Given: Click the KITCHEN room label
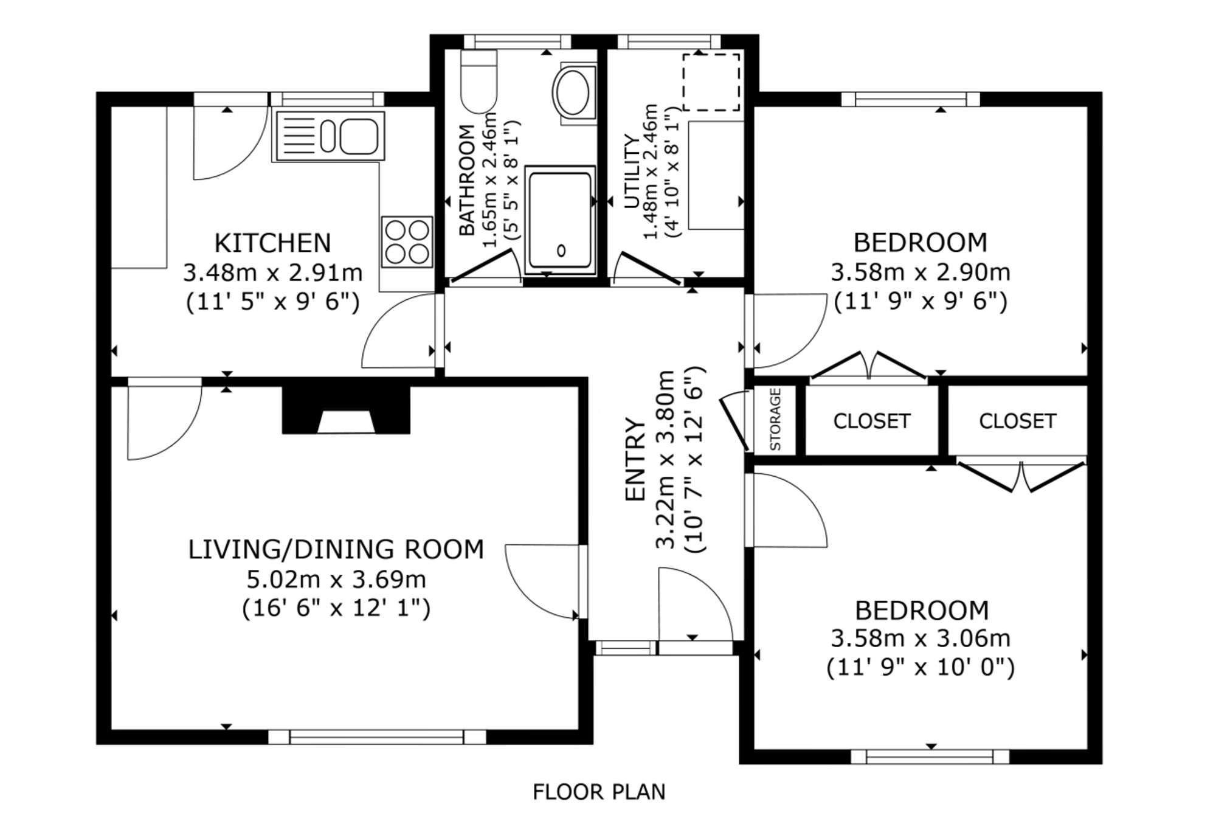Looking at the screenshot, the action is pos(272,243).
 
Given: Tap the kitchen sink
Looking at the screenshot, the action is pos(330,136).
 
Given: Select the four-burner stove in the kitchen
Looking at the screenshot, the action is pos(407,241).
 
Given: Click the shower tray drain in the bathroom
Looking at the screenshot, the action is pos(561,250).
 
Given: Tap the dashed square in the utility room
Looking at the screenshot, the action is pos(711,82).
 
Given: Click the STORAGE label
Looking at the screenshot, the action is pos(775,420).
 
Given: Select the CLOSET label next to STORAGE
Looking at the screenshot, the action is pos(871,421).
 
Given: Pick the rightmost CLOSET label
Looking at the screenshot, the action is pos(1017,421).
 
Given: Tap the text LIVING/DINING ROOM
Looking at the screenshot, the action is pos(336,549).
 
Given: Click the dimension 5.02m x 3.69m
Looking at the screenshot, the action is pos(336,579).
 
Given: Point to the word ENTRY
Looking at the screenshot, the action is pos(635,459).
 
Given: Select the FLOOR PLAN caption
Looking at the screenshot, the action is pos(599,792).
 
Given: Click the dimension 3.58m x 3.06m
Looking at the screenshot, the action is pos(921,639).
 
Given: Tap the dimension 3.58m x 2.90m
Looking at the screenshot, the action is pos(921,272).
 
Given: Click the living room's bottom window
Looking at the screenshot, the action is pos(377,737).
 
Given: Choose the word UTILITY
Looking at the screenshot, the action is pos(632,172).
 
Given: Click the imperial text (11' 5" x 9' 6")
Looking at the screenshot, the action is pos(272,302).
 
